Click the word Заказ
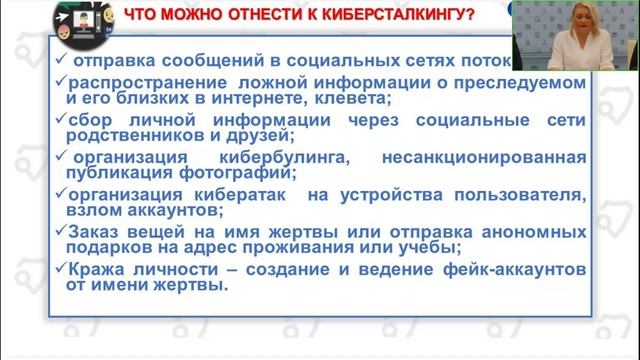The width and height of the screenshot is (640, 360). click(94, 232)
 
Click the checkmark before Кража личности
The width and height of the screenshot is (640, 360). click(61, 269)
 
